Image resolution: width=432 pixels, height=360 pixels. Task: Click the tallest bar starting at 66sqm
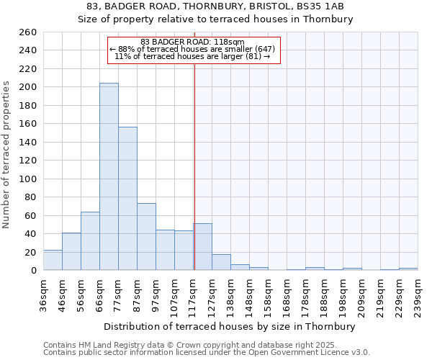109,176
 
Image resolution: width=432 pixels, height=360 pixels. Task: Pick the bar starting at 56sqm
90,241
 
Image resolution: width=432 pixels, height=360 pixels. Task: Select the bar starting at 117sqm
202,247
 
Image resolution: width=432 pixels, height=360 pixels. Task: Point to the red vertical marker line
194,166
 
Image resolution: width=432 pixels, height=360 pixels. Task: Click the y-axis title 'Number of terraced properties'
7,154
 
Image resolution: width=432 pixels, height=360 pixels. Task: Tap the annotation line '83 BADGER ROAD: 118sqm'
192,42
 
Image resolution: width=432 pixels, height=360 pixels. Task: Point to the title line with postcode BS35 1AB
216,6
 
